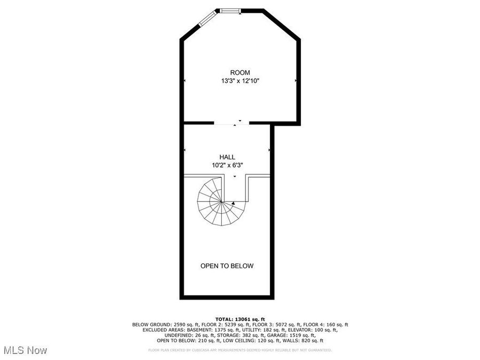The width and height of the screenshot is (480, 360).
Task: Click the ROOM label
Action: pos(239,73)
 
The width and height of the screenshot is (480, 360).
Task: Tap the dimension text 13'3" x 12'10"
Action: pos(240,81)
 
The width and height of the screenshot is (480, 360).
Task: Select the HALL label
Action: pos(228,157)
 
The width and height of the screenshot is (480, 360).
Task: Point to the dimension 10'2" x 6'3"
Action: pos(228,165)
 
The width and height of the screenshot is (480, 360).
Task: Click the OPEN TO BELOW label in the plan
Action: pos(227,266)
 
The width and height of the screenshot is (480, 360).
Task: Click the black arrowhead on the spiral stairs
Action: pos(233,203)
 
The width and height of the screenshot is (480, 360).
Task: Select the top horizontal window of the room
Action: pos(230,10)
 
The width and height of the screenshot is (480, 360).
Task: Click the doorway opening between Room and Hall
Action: pos(231,124)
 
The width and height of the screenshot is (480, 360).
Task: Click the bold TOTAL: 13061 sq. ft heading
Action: pos(239,318)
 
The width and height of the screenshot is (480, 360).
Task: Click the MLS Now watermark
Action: pos(25,350)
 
